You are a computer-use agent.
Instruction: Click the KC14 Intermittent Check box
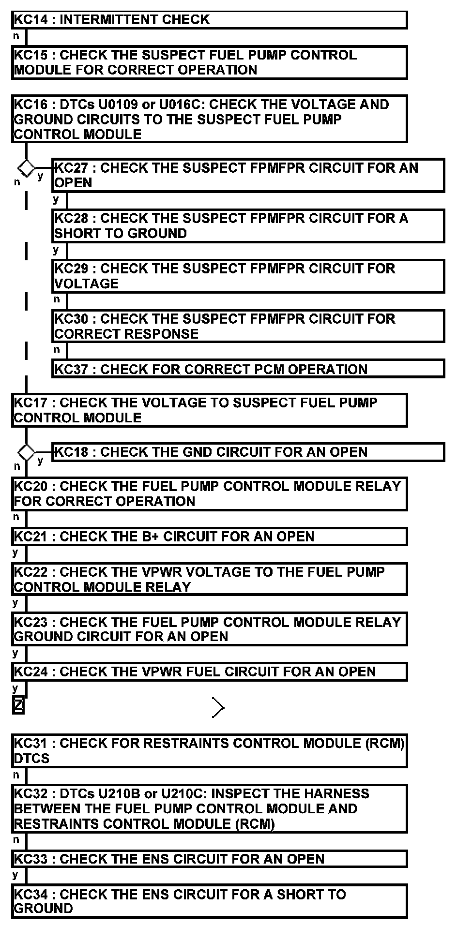209,20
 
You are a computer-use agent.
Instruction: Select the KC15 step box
209,62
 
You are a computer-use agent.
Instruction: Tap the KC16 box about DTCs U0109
209,119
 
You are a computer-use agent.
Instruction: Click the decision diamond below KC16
26,168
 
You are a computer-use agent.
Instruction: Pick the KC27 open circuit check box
248,175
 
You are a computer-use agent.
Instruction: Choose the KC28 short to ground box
248,226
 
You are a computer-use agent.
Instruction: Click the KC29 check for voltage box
248,276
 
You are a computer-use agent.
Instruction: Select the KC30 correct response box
248,327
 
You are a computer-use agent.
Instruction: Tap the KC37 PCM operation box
248,369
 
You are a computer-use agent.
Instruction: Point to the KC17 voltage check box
209,410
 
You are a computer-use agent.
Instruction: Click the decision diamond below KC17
26,452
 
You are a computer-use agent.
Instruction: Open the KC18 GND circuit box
248,452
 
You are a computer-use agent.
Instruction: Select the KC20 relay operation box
209,493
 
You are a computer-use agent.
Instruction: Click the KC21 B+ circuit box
209,537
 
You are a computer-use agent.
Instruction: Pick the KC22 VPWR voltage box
209,579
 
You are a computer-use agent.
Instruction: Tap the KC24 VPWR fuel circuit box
209,672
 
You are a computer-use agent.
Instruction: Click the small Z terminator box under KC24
18,707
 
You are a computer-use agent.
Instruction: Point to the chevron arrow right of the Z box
218,708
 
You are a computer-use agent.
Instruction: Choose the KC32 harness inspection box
209,808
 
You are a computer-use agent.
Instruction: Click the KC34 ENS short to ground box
209,901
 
